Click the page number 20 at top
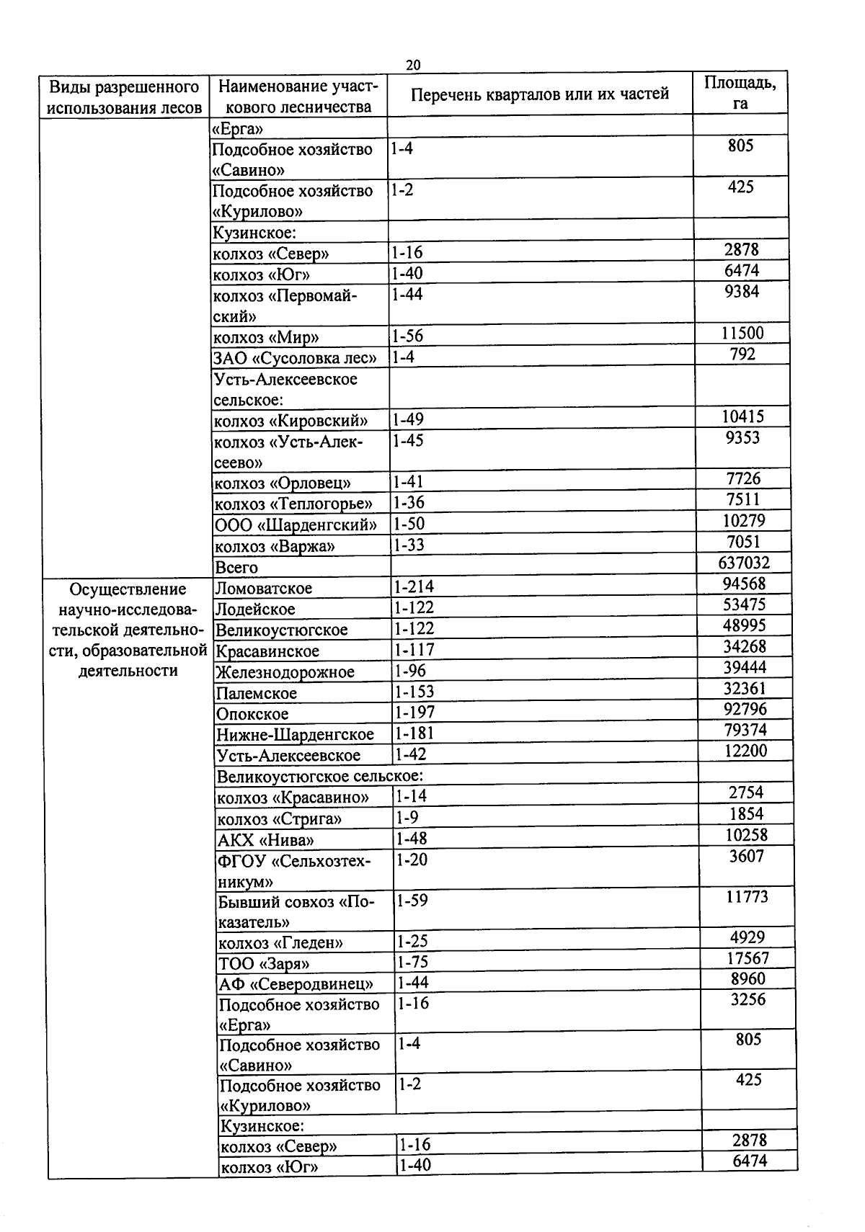413,65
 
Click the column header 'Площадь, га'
740,92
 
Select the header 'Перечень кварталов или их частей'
540,94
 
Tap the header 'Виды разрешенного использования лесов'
124,97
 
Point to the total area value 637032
743,563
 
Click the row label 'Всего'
236,567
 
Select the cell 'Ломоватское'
264,588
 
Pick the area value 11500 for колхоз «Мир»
742,333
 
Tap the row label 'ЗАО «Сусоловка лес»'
295,357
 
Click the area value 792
742,354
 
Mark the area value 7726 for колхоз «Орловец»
742,478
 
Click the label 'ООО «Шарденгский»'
296,525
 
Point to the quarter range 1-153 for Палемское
415,692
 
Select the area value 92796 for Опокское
745,709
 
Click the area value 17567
748,958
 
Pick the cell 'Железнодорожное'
285,672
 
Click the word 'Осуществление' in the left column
128,589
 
